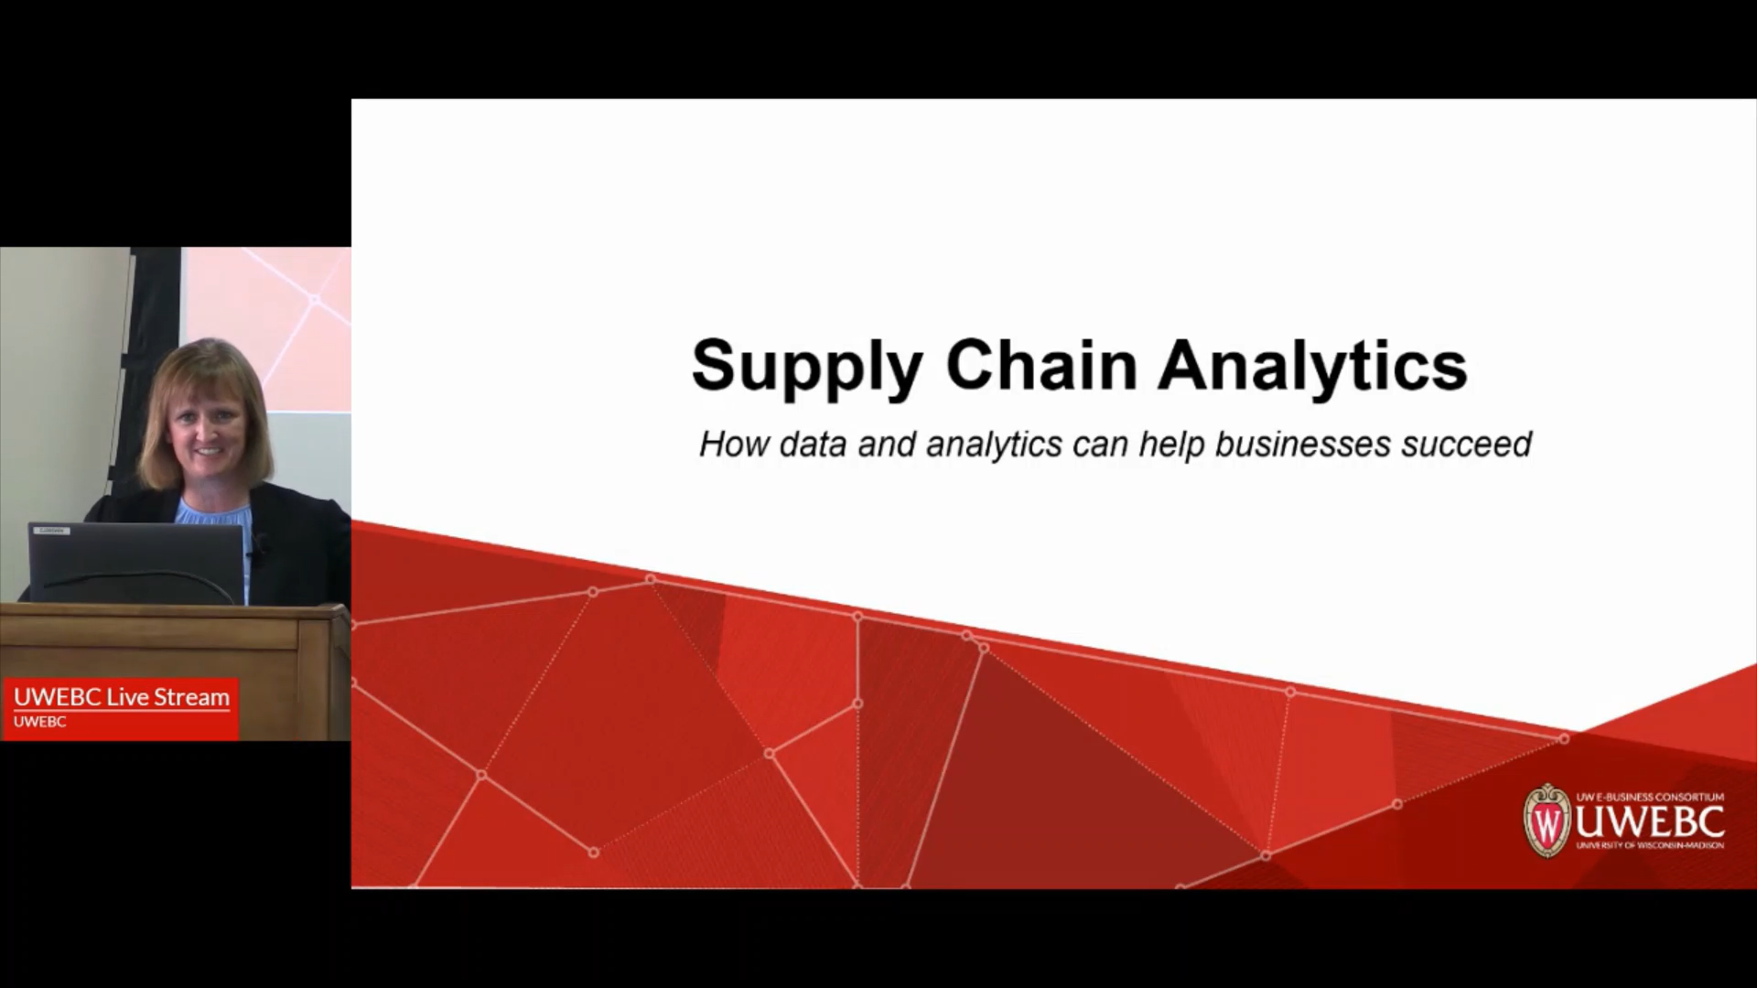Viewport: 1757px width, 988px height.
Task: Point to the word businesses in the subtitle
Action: click(1304, 445)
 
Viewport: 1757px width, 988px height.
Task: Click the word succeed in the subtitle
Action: click(1467, 445)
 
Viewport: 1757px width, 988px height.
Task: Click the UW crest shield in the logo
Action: click(1547, 821)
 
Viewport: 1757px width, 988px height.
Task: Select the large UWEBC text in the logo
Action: click(1649, 822)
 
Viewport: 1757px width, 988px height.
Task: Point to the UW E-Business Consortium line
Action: click(1650, 797)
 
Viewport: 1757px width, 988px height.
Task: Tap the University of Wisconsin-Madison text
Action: click(1650, 845)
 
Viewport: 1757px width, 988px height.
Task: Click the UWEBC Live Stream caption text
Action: click(122, 697)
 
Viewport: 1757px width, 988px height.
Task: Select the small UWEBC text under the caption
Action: click(39, 722)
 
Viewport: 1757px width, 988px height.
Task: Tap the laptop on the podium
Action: click(137, 564)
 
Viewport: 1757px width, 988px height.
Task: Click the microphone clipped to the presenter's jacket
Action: click(261, 546)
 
